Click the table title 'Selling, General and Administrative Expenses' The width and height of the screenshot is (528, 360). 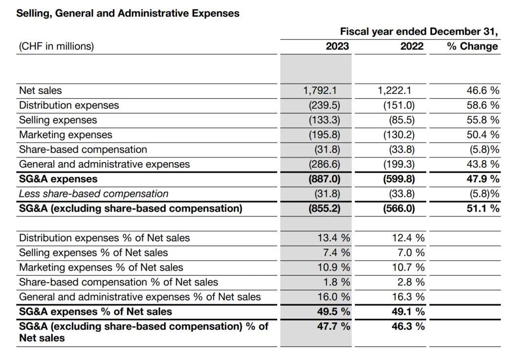click(x=128, y=14)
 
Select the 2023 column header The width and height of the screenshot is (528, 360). click(x=337, y=46)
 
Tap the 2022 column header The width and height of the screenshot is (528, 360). click(x=412, y=46)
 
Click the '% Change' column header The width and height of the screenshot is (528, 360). click(x=472, y=46)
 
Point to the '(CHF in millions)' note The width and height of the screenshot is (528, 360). click(x=56, y=46)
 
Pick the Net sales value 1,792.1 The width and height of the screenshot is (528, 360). click(x=320, y=90)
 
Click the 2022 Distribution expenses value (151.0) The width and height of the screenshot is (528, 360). click(x=399, y=106)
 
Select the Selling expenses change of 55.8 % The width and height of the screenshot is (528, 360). click(x=483, y=120)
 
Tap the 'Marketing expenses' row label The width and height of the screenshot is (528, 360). click(x=66, y=135)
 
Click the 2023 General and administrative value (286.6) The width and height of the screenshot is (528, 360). click(x=324, y=164)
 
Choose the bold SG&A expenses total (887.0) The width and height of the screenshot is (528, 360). click(x=324, y=179)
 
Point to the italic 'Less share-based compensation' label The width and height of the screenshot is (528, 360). click(x=93, y=194)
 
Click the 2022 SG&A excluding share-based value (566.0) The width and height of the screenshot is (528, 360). click(x=399, y=209)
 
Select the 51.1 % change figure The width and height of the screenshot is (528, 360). click(x=483, y=209)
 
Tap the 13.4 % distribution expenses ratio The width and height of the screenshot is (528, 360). click(x=334, y=238)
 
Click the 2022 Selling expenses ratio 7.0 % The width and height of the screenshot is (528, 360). click(x=411, y=253)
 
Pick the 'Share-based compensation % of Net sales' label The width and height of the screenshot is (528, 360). click(x=118, y=282)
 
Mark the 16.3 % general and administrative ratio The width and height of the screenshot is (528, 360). click(x=408, y=297)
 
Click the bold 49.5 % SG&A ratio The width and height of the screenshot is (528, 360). click(x=334, y=312)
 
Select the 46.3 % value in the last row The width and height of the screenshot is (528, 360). click(x=408, y=326)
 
